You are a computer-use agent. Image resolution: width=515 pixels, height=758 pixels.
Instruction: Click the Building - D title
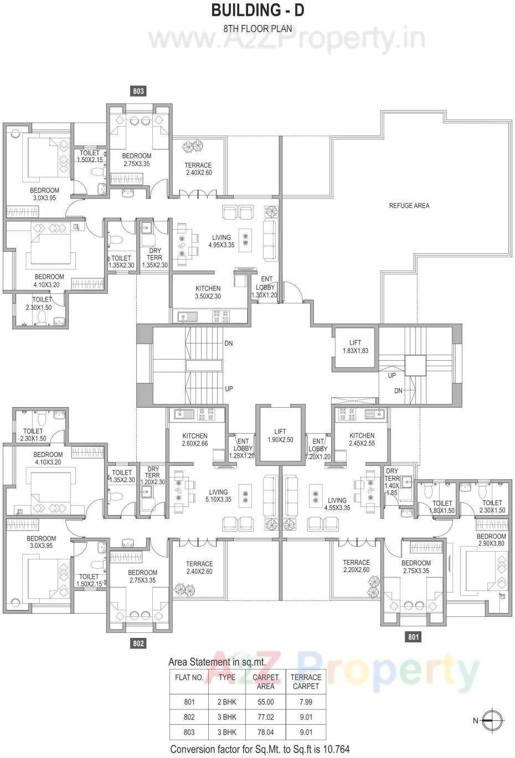click(x=257, y=10)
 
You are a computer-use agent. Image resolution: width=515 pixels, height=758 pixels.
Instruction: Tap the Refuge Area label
click(x=409, y=206)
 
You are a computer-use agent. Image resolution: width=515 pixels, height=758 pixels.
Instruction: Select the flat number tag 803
click(x=138, y=91)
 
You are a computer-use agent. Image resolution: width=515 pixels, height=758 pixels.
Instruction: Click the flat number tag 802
click(x=138, y=643)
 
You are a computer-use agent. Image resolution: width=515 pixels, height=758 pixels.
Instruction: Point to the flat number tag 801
click(x=414, y=637)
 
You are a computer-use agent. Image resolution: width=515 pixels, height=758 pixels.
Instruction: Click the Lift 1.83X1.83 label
click(x=355, y=347)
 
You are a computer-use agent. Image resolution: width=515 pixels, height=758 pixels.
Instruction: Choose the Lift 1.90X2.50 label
click(x=280, y=436)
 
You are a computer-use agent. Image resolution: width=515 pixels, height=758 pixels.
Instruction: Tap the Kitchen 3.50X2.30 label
click(x=208, y=292)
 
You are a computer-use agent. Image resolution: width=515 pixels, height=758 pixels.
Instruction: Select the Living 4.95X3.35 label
click(x=222, y=241)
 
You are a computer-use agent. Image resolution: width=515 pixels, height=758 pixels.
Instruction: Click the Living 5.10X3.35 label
click(x=218, y=496)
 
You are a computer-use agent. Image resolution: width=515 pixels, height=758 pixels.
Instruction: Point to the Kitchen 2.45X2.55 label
click(x=362, y=439)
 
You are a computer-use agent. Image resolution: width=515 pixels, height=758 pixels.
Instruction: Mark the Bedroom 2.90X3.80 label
click(x=491, y=539)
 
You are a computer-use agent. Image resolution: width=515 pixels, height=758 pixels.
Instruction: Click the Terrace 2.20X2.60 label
click(x=356, y=566)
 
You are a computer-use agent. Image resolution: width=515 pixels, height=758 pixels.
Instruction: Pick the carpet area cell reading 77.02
click(x=266, y=717)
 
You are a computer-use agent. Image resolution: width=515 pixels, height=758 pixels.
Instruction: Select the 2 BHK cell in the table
click(x=226, y=702)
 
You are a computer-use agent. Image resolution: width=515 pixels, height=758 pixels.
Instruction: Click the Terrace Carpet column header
click(x=306, y=682)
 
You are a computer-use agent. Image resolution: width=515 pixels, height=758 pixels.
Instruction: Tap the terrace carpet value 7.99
click(x=306, y=702)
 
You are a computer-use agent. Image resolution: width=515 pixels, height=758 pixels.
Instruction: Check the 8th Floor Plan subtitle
click(x=257, y=29)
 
